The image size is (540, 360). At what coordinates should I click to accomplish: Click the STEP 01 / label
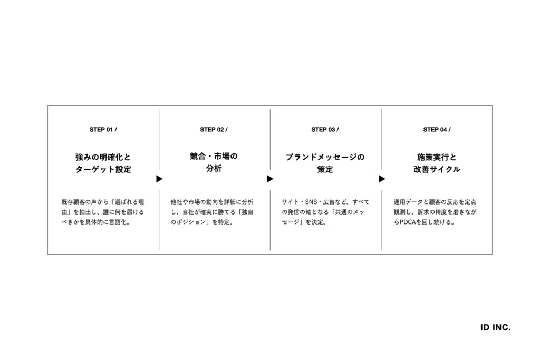103,130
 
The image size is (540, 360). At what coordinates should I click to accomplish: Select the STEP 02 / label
214,130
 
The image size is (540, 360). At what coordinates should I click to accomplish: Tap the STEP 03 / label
325,130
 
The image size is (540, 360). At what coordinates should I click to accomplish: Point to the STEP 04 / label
437,130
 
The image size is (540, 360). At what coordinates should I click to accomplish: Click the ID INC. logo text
495,327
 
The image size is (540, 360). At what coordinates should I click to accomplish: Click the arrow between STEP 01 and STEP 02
159,179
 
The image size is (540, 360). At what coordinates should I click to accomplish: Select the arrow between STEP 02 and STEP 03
270,179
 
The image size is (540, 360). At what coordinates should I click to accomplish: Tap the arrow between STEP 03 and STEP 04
382,179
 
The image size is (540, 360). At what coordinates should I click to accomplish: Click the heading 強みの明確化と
103,157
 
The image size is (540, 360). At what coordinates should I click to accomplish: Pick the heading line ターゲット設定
103,169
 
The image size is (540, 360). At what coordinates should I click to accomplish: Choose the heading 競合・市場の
214,156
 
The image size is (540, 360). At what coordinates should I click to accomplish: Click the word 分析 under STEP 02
214,168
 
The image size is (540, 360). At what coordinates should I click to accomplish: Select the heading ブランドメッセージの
325,157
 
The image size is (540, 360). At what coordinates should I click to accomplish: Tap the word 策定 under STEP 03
325,169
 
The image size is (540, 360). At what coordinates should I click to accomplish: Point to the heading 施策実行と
437,157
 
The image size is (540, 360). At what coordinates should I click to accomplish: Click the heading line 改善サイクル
437,169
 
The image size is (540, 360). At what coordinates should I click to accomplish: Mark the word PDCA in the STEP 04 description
408,222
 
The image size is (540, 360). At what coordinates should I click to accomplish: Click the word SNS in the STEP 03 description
311,202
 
